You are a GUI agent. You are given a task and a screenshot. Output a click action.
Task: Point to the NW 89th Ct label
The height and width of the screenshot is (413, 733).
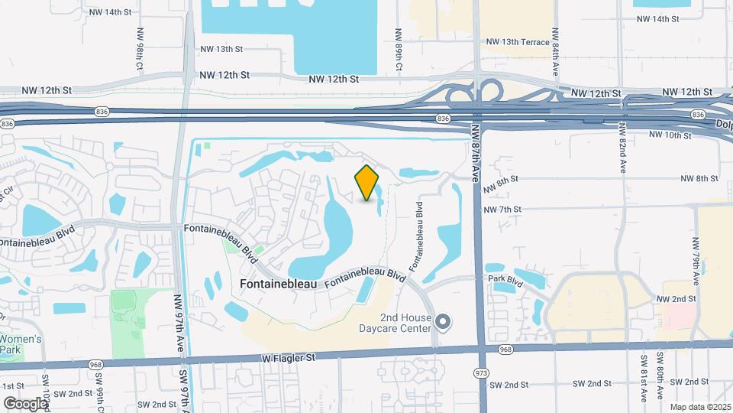(x=399, y=51)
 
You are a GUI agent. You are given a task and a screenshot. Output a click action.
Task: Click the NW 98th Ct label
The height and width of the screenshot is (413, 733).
(x=140, y=50)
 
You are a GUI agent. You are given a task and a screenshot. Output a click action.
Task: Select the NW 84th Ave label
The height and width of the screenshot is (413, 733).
(x=556, y=57)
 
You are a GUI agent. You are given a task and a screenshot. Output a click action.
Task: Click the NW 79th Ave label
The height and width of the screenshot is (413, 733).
(x=696, y=255)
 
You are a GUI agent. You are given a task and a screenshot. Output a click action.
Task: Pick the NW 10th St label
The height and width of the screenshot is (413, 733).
(x=670, y=135)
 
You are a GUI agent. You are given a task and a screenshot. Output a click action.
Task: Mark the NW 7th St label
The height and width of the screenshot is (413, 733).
(x=502, y=209)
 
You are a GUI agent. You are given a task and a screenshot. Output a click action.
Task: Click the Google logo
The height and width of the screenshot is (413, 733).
(x=25, y=402)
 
